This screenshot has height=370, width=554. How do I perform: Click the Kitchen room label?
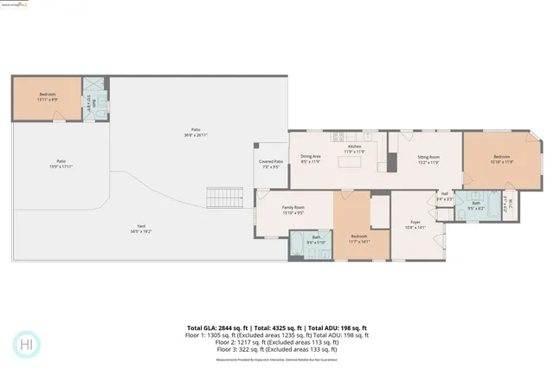click(x=355, y=149)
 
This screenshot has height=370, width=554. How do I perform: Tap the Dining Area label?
click(x=310, y=159)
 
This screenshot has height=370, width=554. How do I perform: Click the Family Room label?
click(x=293, y=210)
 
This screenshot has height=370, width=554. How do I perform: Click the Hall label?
click(x=444, y=196)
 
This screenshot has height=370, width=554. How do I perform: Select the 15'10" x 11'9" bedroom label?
click(x=502, y=159)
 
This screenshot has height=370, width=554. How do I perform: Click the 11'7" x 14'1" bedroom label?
click(x=360, y=239)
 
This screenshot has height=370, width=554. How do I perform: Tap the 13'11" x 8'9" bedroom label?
click(x=48, y=97)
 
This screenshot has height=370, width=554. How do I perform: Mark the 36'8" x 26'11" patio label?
click(x=196, y=132)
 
